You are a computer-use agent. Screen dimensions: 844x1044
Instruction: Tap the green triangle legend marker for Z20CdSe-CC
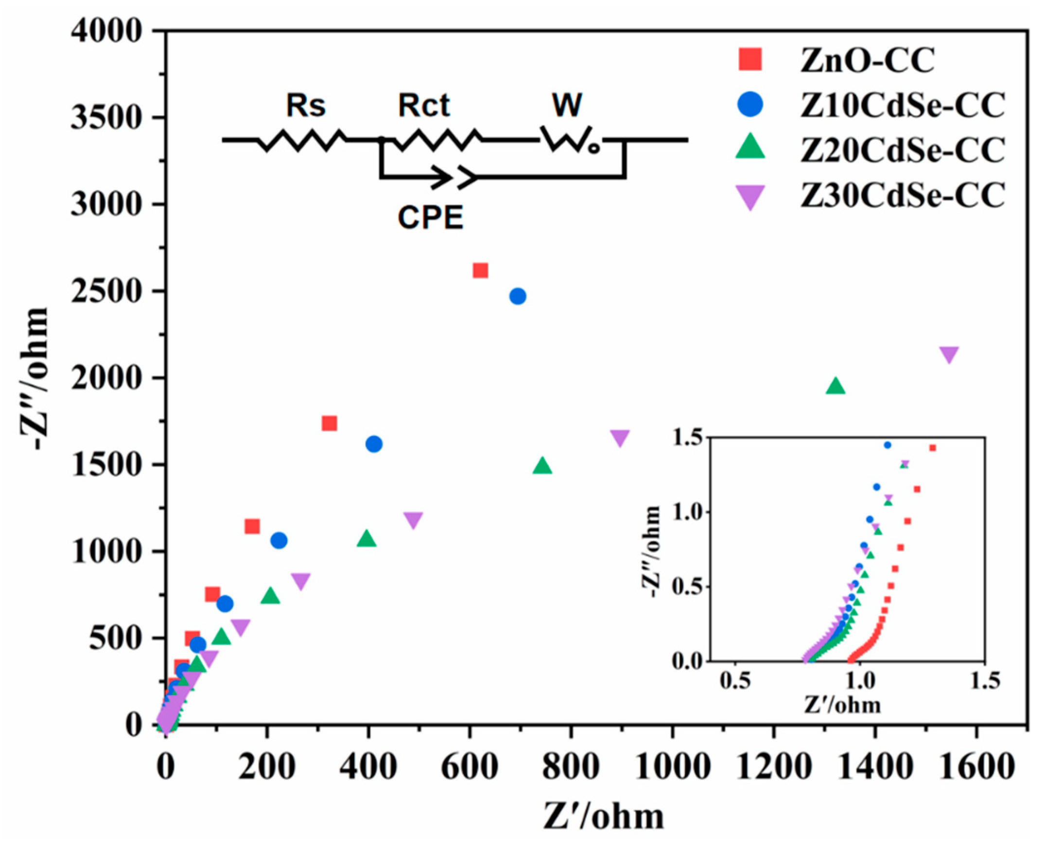pyautogui.click(x=750, y=147)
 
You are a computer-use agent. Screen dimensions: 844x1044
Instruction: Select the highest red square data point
pyautogui.click(x=480, y=270)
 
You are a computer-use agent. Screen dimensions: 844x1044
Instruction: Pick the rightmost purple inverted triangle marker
pyautogui.click(x=949, y=354)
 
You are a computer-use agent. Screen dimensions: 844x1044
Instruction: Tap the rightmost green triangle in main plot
pyautogui.click(x=836, y=386)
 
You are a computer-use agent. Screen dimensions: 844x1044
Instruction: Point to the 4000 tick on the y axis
pyautogui.click(x=105, y=31)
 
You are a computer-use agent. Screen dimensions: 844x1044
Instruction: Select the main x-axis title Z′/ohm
pyautogui.click(x=603, y=816)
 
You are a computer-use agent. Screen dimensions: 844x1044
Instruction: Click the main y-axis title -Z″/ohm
pyautogui.click(x=35, y=379)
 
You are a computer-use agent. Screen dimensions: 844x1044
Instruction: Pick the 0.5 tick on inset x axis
pyautogui.click(x=734, y=682)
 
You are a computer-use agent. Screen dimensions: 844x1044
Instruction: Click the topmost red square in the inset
pyautogui.click(x=933, y=448)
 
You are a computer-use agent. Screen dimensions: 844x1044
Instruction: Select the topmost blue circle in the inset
pyautogui.click(x=887, y=445)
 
